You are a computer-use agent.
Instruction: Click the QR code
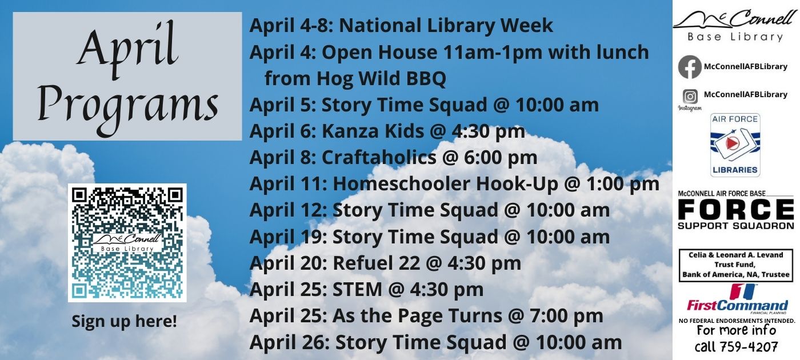tap(127, 243)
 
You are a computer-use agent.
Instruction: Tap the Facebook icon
tap(690, 67)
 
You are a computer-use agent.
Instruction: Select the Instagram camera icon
tap(690, 97)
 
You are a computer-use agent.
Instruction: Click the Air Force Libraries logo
tap(735, 145)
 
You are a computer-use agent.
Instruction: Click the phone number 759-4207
tap(736, 346)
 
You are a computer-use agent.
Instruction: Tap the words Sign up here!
tap(125, 321)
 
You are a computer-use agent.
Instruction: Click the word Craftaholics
tap(379, 158)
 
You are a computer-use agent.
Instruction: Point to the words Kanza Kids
tap(373, 131)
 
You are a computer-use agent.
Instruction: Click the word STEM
tap(357, 289)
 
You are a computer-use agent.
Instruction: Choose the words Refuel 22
tap(377, 263)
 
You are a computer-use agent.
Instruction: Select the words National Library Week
tap(446, 26)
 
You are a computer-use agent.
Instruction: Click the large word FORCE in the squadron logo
tap(736, 209)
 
